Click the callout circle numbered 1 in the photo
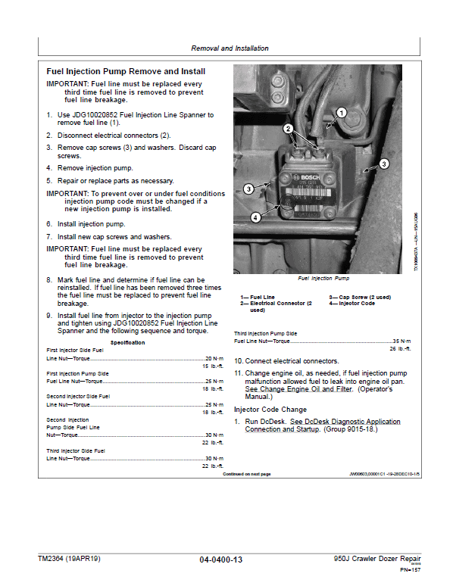pyautogui.click(x=341, y=114)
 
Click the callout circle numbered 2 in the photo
pyautogui.click(x=288, y=129)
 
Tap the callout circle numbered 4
pyautogui.click(x=255, y=217)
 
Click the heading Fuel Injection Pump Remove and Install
pyautogui.click(x=125, y=71)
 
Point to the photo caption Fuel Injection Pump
pyautogui.click(x=323, y=279)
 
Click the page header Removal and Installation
pyautogui.click(x=230, y=48)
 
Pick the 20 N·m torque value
pyautogui.click(x=214, y=358)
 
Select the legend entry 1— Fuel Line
pyautogui.click(x=258, y=297)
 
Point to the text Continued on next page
pyautogui.click(x=246, y=474)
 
